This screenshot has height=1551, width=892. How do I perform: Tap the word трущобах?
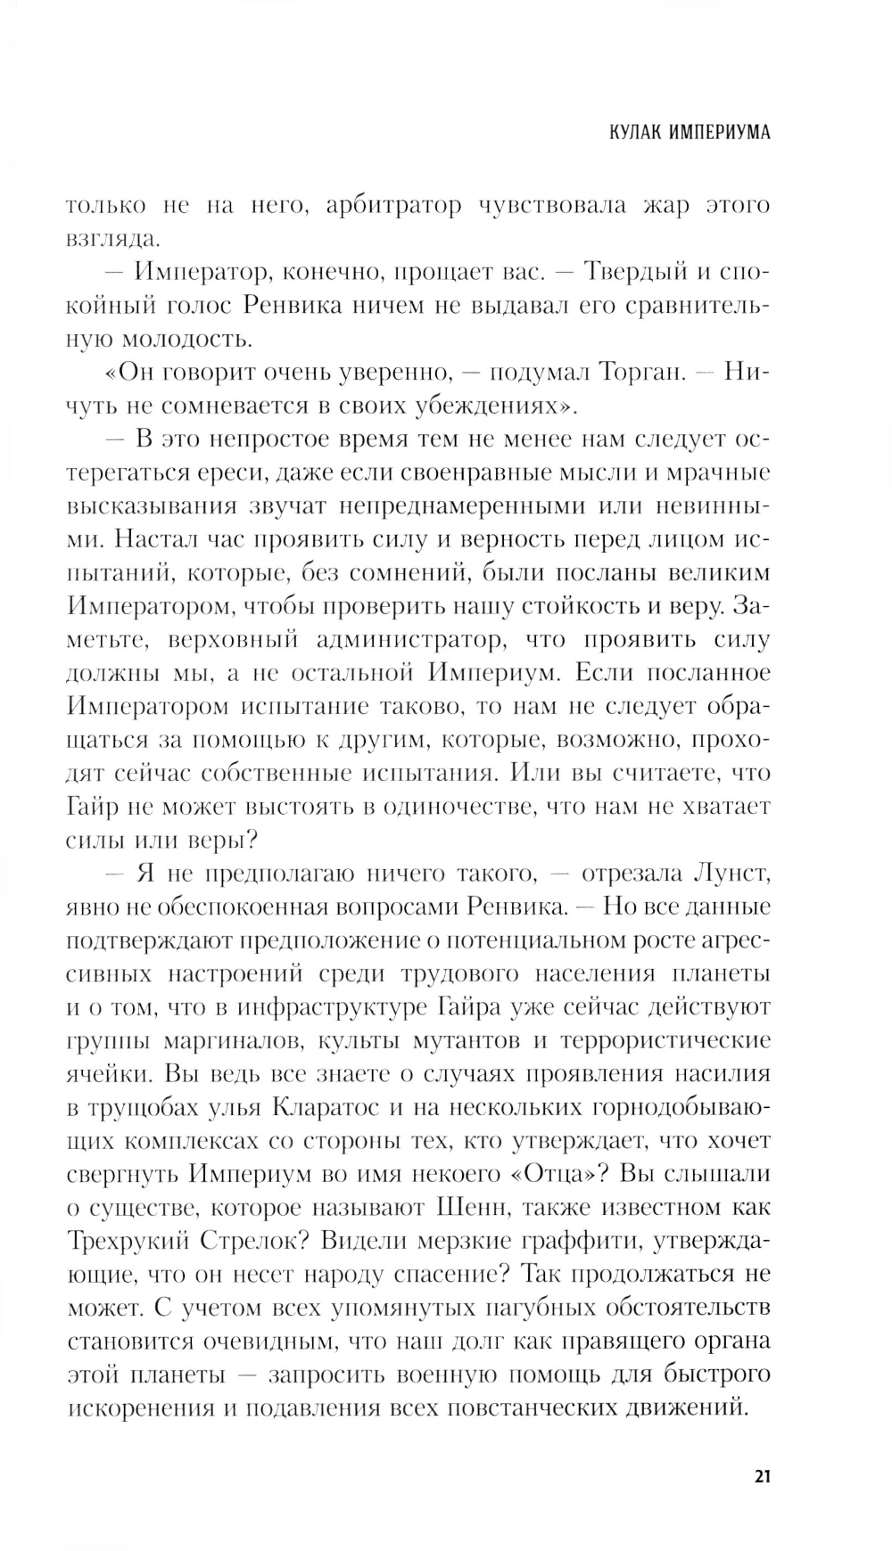(149, 1107)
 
